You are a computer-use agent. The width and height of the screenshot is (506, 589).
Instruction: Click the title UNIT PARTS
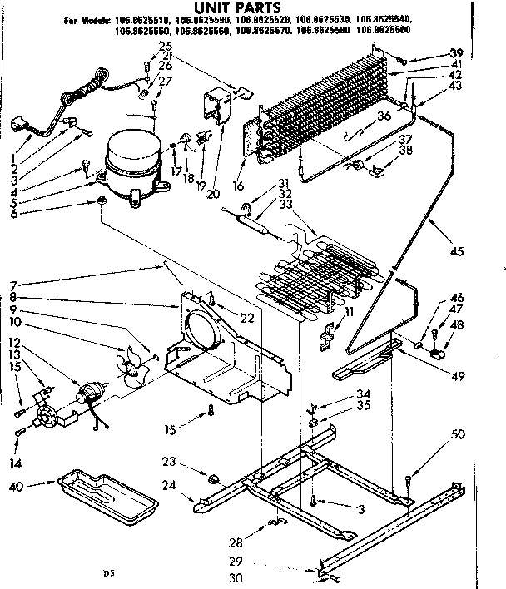point(229,7)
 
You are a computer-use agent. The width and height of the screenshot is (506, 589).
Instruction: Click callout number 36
point(384,116)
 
